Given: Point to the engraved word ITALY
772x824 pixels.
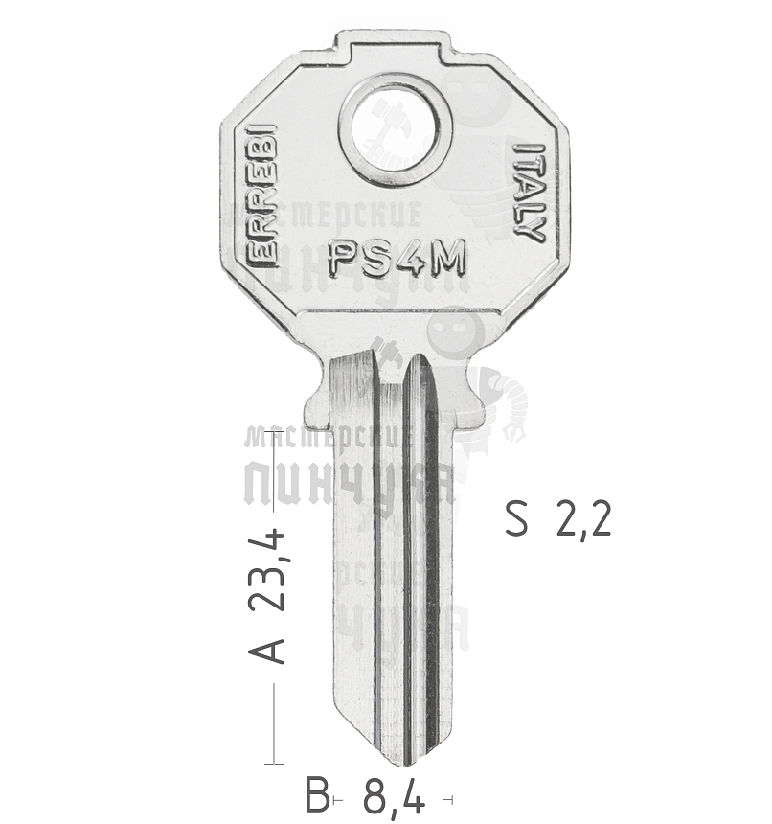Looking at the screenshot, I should (x=528, y=192).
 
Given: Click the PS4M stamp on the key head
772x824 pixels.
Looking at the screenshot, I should (x=397, y=256).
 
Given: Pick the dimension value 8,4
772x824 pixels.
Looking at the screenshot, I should (x=394, y=795).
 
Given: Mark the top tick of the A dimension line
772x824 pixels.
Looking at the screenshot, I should (x=276, y=434).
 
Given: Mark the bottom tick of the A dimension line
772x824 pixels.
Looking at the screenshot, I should (x=276, y=764).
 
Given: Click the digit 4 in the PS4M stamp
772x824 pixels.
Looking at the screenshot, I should (x=407, y=256).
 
